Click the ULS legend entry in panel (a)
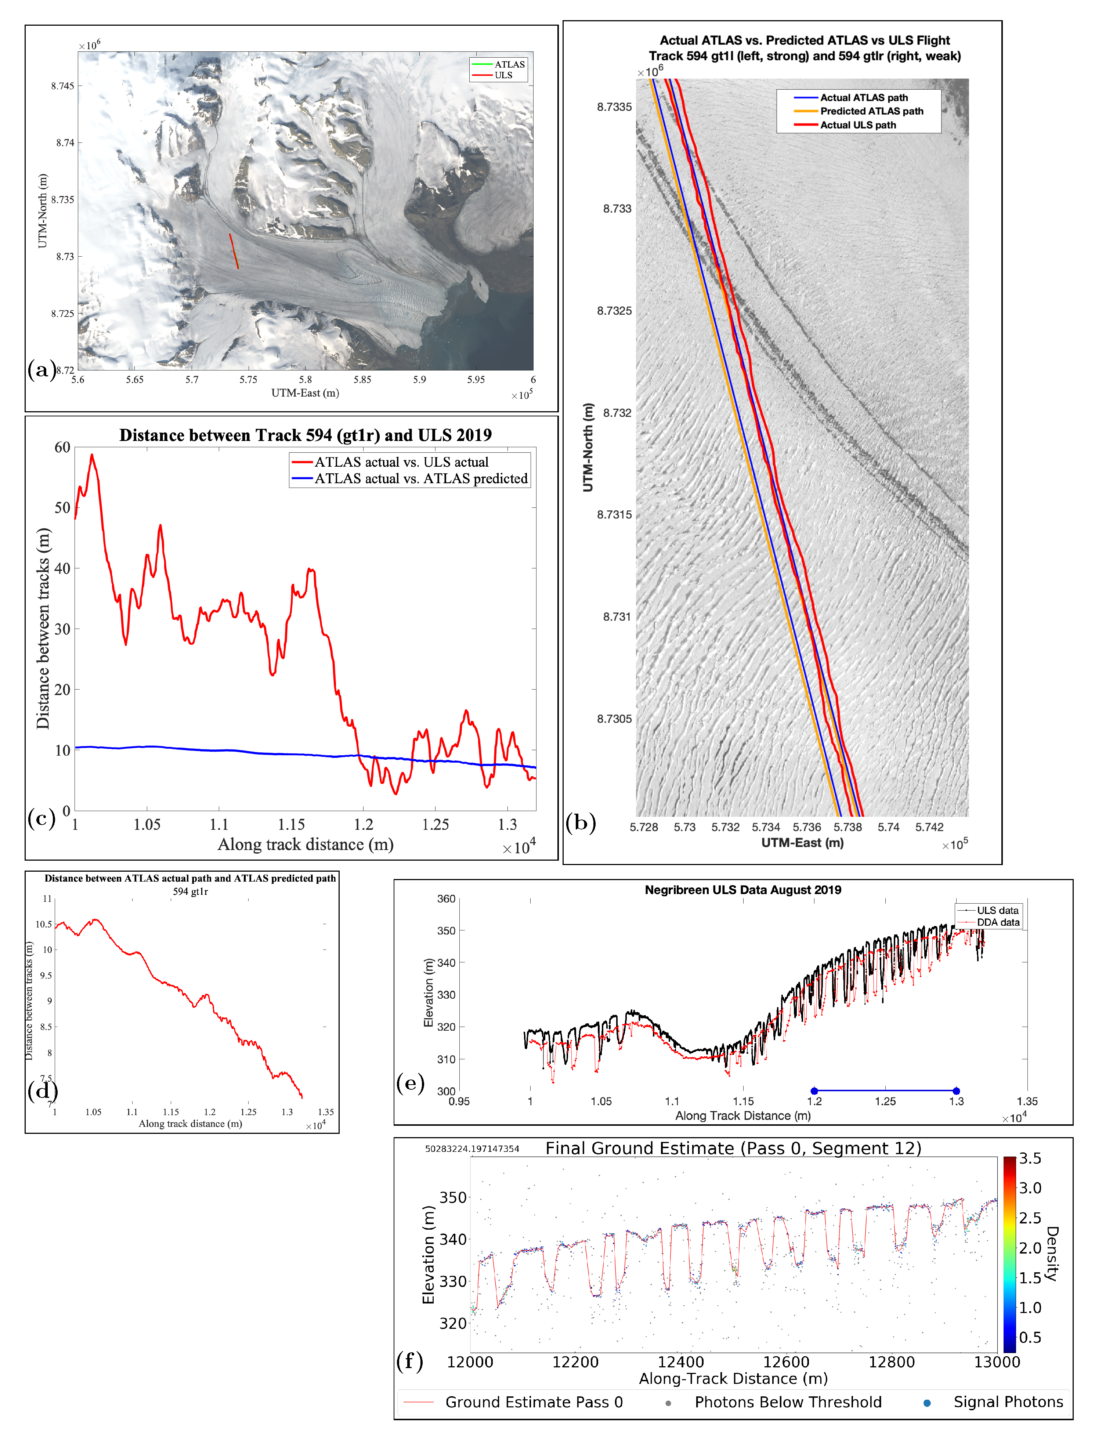[503, 75]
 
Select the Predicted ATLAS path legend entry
[871, 111]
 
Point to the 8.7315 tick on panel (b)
[614, 515]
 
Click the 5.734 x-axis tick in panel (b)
[766, 827]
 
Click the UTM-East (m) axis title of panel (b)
[802, 843]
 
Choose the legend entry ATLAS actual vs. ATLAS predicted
[421, 479]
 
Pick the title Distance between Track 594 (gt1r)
[305, 435]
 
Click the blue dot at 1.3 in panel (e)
[956, 1091]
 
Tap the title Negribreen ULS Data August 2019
[742, 890]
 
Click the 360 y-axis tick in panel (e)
[447, 899]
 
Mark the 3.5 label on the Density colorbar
[1030, 1158]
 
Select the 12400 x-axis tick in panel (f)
[681, 1362]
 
